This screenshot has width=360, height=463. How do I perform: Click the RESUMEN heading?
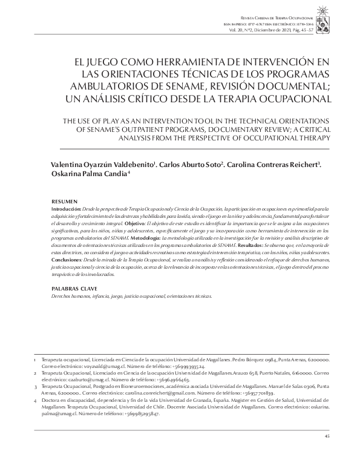pos(64,200)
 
